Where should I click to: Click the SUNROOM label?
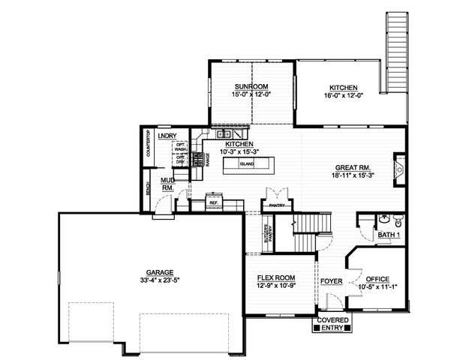tap(251, 87)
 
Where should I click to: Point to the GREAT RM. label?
tap(350, 169)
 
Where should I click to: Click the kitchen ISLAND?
tap(247, 163)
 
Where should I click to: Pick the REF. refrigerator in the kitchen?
tap(213, 202)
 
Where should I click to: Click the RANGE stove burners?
tap(199, 160)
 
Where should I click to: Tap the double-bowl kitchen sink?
tap(223, 135)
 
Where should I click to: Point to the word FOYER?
tap(331, 282)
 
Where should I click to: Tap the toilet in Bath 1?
tap(398, 220)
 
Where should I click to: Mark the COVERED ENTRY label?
tap(332, 324)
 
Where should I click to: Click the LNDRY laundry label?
tap(167, 135)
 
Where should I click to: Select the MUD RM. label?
tap(168, 184)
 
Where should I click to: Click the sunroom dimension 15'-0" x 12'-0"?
tap(251, 95)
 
